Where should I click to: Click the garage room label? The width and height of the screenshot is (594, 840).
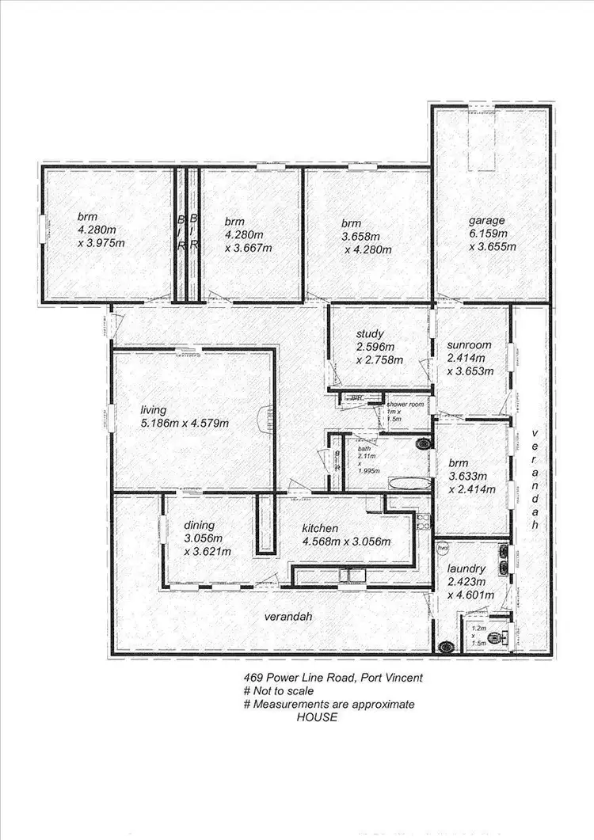[x=485, y=221]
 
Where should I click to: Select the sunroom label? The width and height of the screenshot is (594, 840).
[x=470, y=345]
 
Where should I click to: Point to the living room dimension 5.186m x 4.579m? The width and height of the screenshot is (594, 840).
[x=185, y=423]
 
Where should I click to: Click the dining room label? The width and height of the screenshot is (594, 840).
[x=200, y=525]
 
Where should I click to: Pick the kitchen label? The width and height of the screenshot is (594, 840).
[x=320, y=528]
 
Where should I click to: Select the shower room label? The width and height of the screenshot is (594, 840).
[x=406, y=405]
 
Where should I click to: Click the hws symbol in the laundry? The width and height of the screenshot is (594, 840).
[x=444, y=547]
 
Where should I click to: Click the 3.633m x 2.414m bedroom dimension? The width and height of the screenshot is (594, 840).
[x=471, y=483]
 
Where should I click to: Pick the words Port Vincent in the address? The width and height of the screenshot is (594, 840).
[x=390, y=678]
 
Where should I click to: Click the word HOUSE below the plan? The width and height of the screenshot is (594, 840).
[x=317, y=717]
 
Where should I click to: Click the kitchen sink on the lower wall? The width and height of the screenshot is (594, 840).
[x=348, y=576]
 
